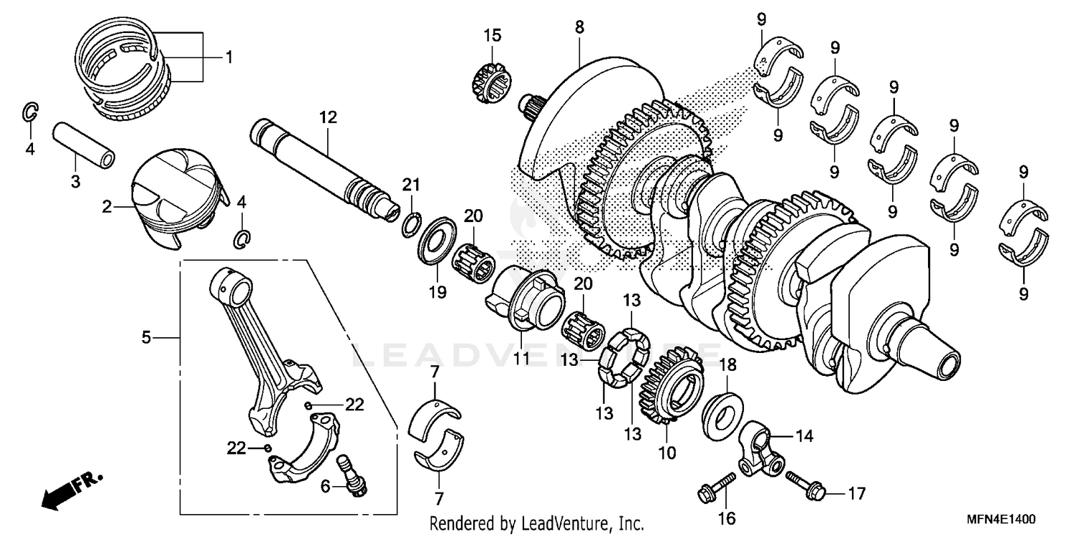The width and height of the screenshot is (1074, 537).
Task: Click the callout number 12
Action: (327, 117)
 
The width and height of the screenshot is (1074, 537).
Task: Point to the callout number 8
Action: (579, 26)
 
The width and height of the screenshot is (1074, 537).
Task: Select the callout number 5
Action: (146, 337)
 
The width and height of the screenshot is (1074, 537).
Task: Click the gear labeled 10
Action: (673, 390)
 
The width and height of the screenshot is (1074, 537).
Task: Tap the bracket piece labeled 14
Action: (761, 448)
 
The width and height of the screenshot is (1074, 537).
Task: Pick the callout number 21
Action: (410, 185)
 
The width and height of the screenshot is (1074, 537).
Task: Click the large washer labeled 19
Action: (436, 243)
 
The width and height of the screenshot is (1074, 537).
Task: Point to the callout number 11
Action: (521, 356)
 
